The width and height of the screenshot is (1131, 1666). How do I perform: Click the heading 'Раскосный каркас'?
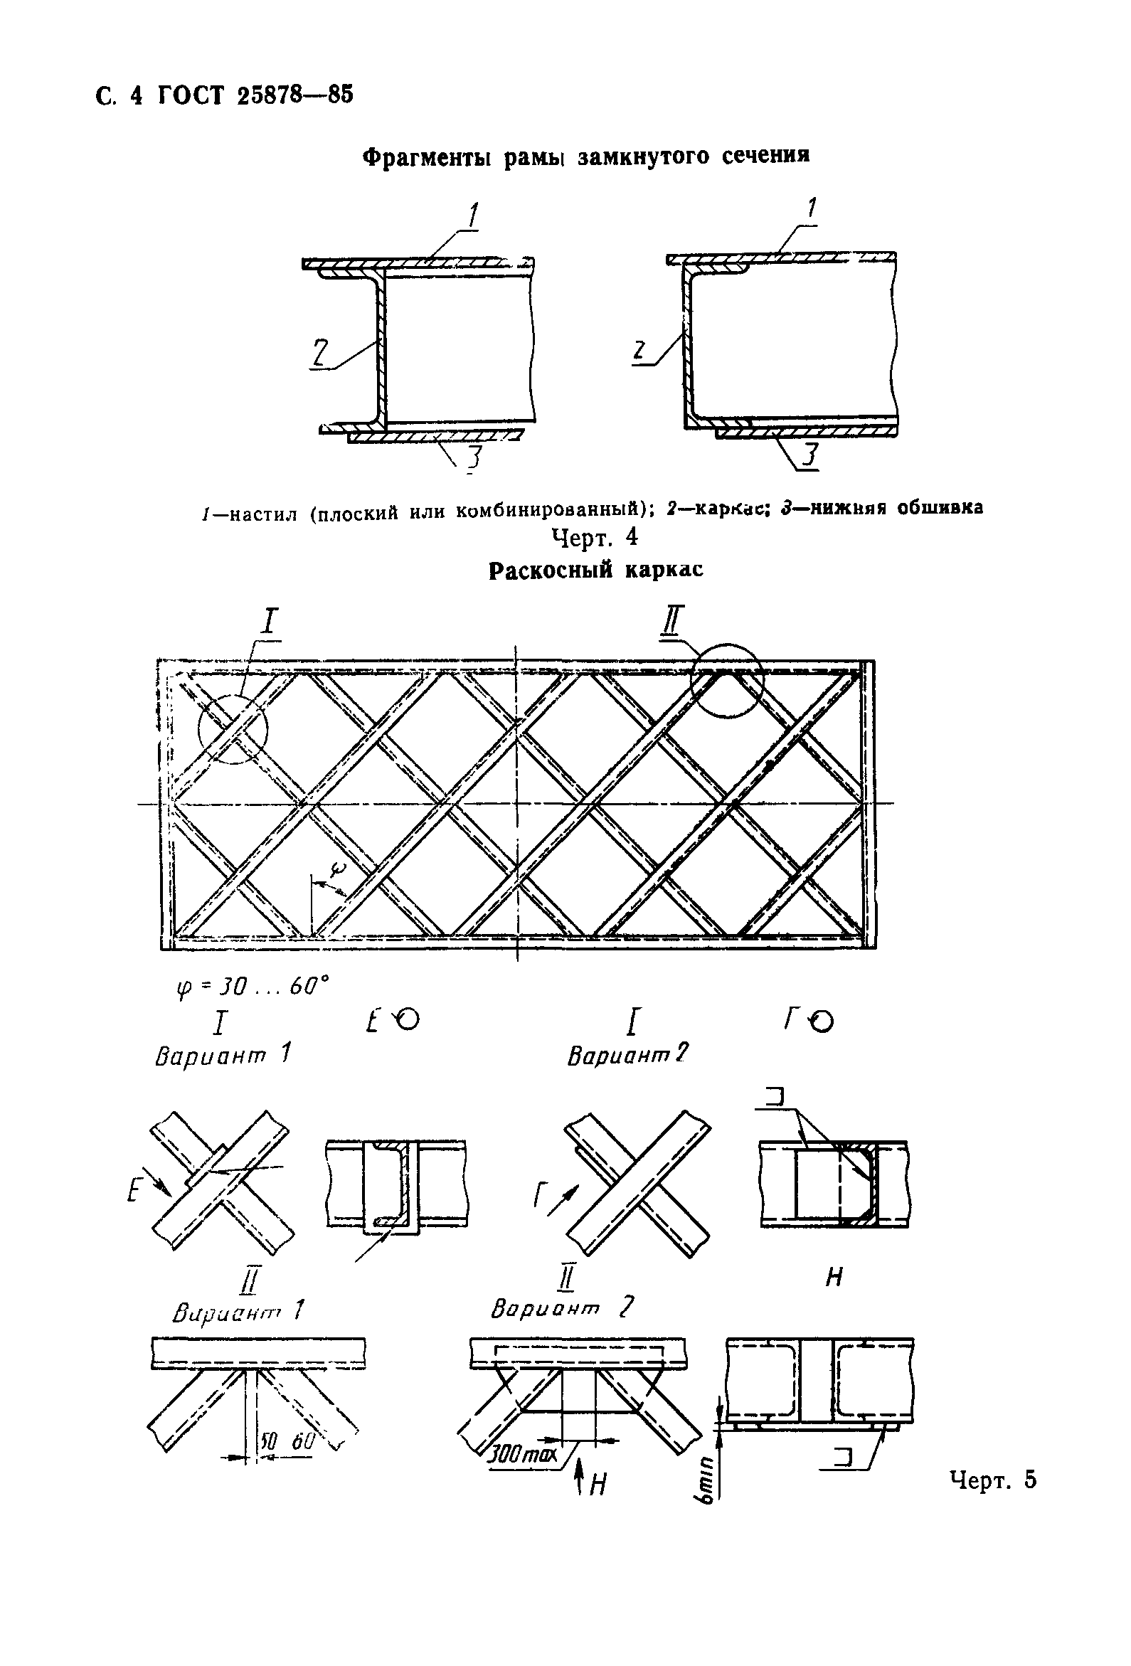[x=595, y=570]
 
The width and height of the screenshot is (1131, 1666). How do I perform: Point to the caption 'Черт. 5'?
[x=993, y=1479]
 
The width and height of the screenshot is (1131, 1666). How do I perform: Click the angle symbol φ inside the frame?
[x=339, y=869]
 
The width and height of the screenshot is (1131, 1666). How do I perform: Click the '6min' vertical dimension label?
[x=708, y=1482]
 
